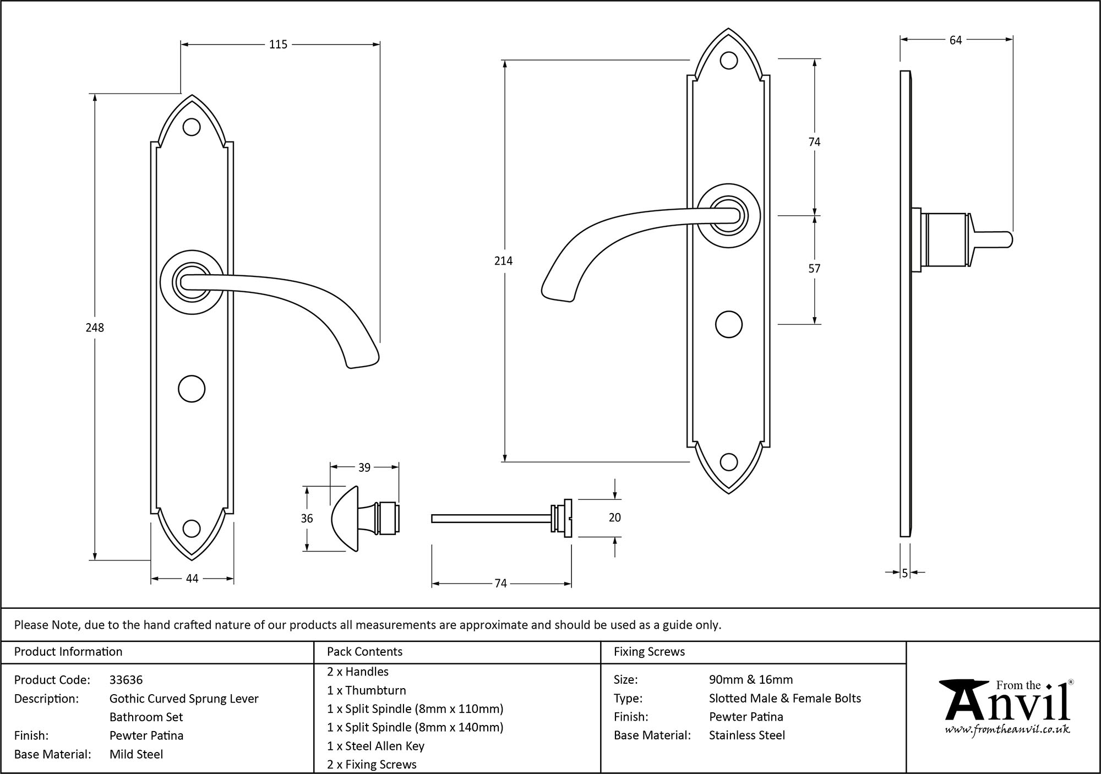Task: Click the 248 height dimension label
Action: pos(95,328)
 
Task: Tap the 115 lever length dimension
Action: pos(278,45)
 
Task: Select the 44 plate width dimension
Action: pos(192,579)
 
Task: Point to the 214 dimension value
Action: pos(503,261)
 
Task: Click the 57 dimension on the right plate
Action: pos(814,269)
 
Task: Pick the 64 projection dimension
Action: pos(956,40)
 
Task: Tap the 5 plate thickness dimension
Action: pos(904,573)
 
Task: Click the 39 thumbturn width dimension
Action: pos(364,467)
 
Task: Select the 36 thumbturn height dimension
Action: pos(307,519)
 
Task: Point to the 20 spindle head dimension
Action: pos(615,517)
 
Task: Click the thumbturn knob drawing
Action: pos(363,518)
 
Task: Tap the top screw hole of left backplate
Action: pos(192,127)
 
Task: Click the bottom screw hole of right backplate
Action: pos(728,462)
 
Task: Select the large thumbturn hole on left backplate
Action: pos(192,389)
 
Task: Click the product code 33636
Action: pos(126,680)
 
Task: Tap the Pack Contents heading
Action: pos(364,652)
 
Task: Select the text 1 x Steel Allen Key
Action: pos(375,746)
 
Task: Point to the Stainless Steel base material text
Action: pos(747,735)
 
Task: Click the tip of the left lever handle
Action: pos(363,361)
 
